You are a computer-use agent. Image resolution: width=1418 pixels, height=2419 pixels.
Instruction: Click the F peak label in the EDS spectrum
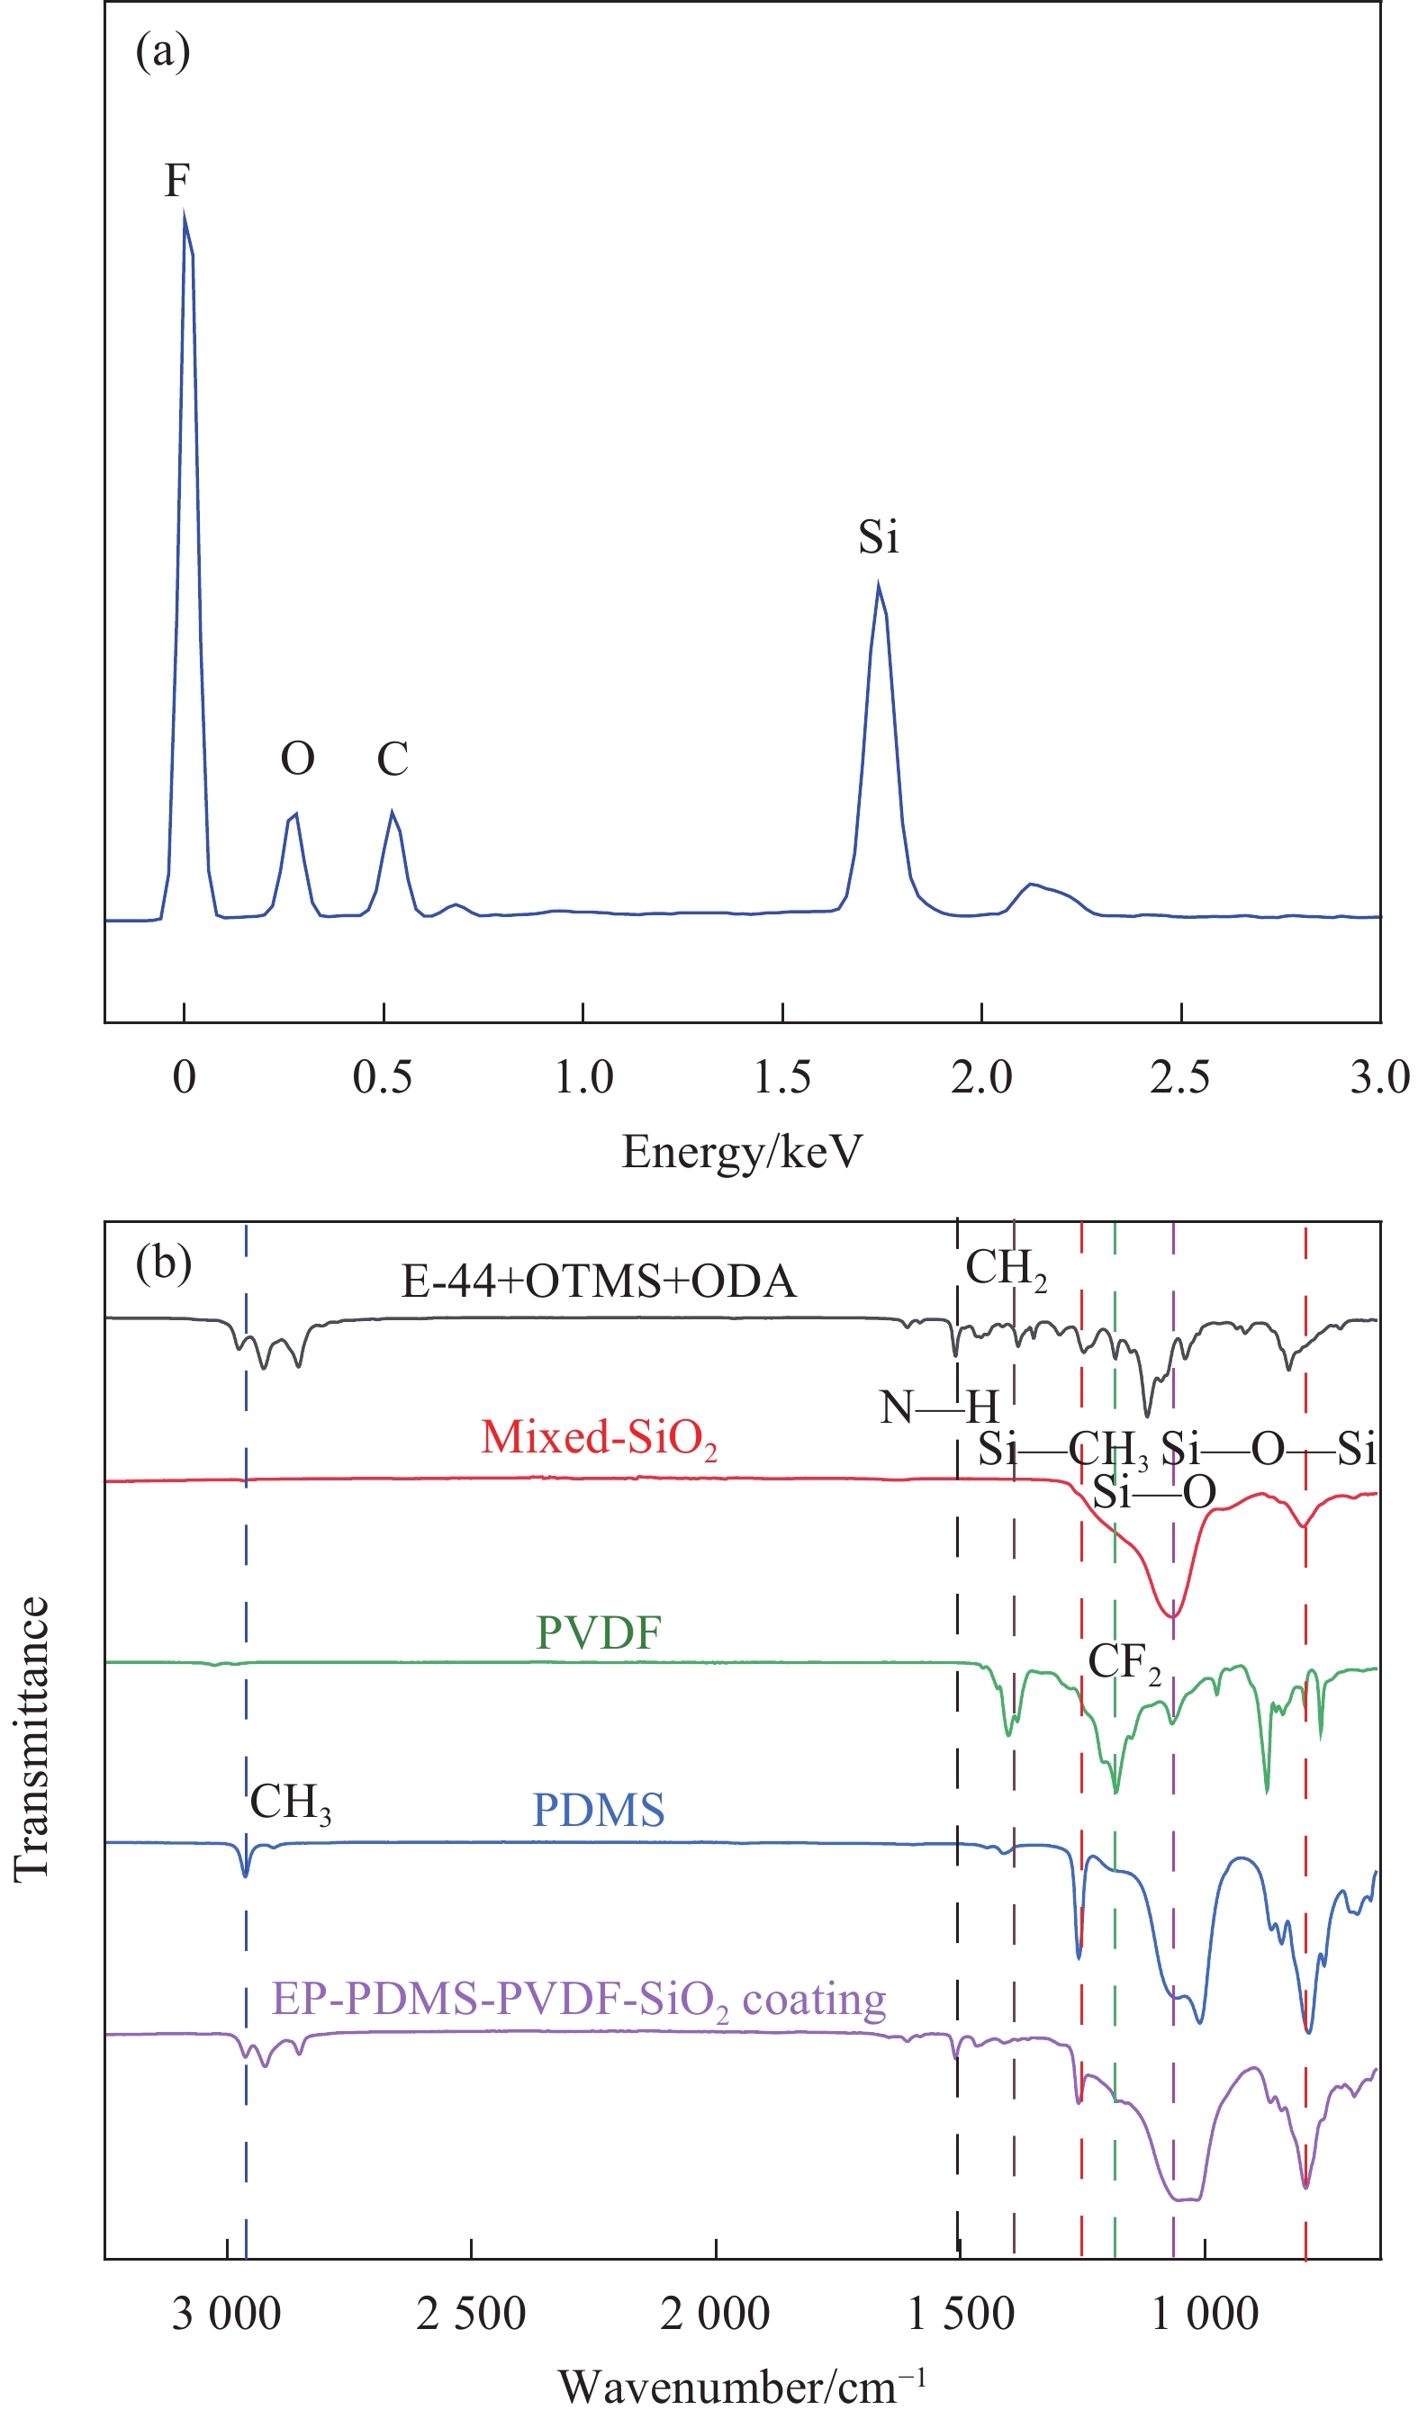177,181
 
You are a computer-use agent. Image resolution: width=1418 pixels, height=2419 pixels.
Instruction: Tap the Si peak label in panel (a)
878,536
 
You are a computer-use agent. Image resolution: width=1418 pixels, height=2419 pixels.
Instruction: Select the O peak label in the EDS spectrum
298,760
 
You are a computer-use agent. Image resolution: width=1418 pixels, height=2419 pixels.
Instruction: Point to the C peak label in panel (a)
393,760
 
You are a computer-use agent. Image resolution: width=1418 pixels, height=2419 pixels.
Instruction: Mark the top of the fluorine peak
185,217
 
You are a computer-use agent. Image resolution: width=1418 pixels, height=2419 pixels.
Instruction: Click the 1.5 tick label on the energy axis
781,1077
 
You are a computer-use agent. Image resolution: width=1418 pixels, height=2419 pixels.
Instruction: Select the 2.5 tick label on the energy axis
1180,1077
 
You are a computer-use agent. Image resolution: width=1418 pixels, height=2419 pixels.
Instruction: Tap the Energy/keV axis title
742,1152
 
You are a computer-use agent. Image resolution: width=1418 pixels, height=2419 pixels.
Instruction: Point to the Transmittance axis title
32,1739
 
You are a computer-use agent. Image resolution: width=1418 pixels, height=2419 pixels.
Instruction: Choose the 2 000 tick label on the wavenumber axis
715,2314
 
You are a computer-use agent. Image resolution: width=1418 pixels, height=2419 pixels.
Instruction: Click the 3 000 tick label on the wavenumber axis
227,2314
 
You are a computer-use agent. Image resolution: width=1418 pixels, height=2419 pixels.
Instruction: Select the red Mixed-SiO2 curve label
599,1439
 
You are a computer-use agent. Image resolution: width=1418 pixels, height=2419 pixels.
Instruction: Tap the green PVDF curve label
599,1632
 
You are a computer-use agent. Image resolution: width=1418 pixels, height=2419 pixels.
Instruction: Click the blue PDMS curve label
599,1810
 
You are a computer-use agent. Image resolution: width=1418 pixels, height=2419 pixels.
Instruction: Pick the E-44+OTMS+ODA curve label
599,1281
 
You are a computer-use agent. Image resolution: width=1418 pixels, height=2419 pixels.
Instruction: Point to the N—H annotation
940,1408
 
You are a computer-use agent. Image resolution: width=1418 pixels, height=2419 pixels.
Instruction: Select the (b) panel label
163,1263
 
